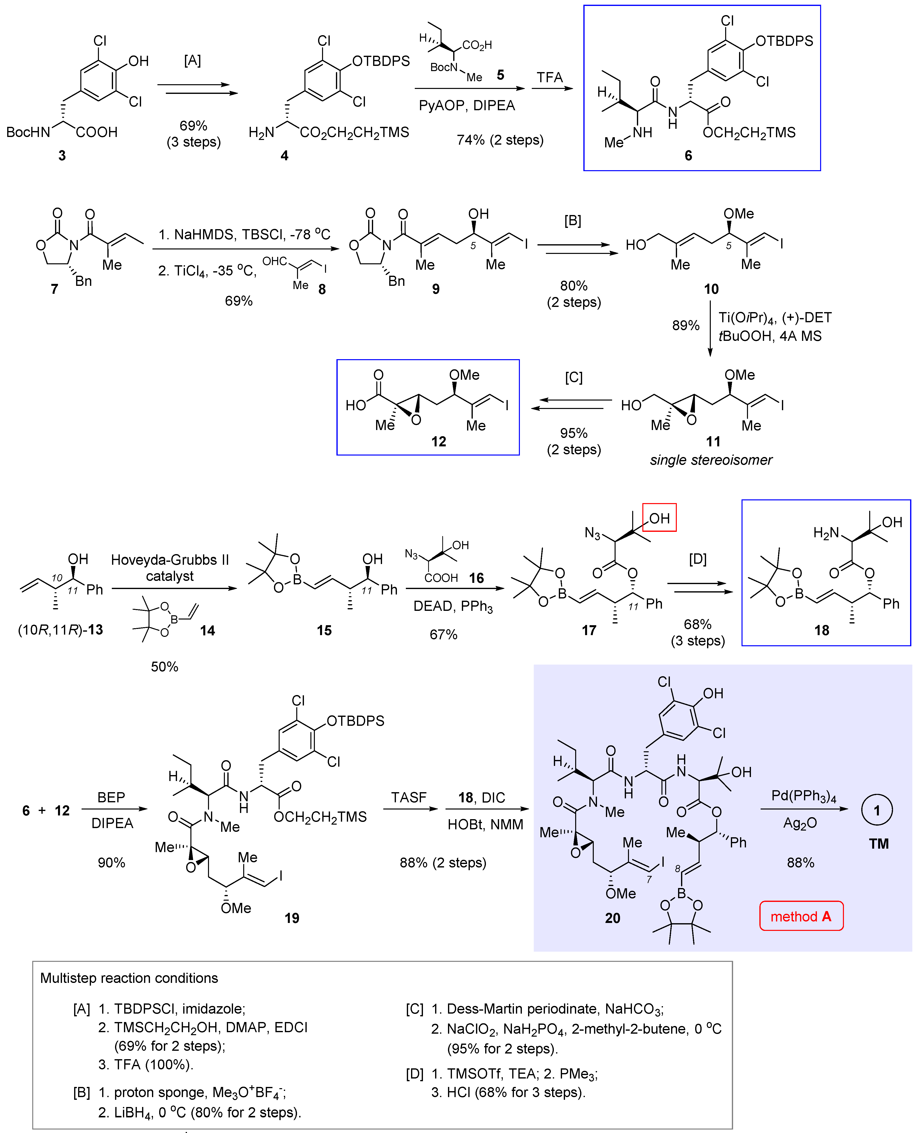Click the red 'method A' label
pyautogui.click(x=801, y=916)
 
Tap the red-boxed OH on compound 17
pyautogui.click(x=659, y=518)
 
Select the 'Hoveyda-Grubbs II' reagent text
pyautogui.click(x=170, y=560)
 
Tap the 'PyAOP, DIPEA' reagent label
pyautogui.click(x=467, y=106)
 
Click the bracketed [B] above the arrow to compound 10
pyautogui.click(x=573, y=220)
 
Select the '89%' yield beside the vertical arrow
pyautogui.click(x=685, y=325)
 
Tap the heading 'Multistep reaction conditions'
pyautogui.click(x=129, y=978)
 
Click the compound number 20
pyautogui.click(x=613, y=918)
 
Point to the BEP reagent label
pyautogui.click(x=111, y=797)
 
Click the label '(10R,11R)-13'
pyautogui.click(x=60, y=630)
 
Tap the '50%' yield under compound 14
pyautogui.click(x=164, y=667)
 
